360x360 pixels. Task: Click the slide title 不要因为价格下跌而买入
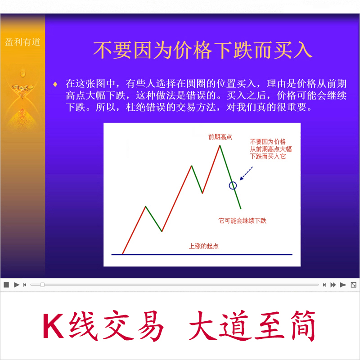202,50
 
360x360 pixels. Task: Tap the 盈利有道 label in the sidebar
22,42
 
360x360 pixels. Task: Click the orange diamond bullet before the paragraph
55,84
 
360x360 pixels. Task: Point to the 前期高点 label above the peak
220,137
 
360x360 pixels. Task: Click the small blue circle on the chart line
233,185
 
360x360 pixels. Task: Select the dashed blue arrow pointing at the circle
246,173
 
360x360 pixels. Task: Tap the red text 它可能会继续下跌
242,221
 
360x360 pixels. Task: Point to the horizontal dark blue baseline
202,254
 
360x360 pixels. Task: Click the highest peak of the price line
220,145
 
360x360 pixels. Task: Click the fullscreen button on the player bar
353,285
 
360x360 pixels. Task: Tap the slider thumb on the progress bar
42,285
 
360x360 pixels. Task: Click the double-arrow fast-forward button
333,285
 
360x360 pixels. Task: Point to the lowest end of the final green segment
241,208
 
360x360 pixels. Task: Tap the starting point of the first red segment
122,254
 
